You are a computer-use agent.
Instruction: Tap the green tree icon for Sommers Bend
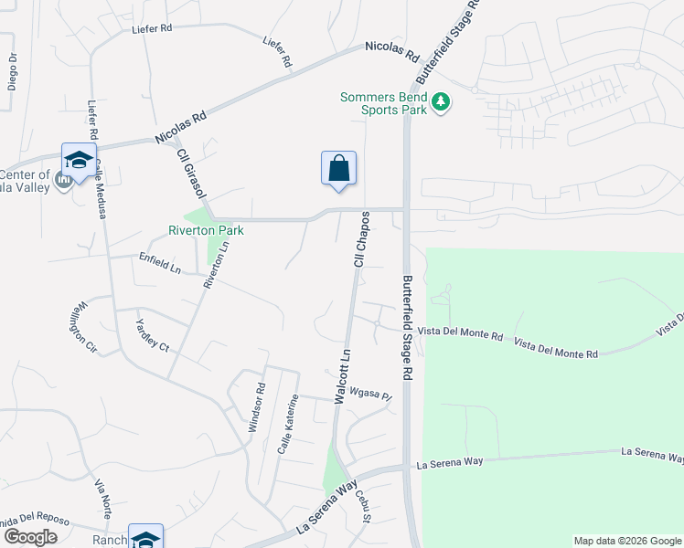tap(441, 100)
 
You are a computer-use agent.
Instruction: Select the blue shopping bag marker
tap(338, 169)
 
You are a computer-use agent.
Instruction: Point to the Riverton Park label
tap(206, 231)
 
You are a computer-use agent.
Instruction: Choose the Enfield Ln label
tap(160, 265)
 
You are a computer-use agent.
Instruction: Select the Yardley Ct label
tap(152, 335)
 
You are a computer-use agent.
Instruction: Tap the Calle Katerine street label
tap(289, 425)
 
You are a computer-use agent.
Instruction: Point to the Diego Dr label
tap(13, 71)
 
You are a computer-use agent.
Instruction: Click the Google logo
tap(30, 537)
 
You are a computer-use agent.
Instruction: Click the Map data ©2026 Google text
tap(626, 541)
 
